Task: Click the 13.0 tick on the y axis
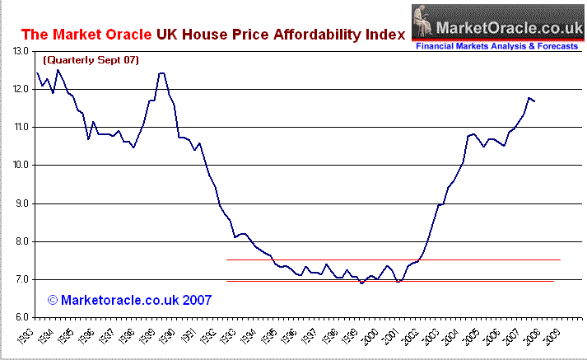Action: click(22, 51)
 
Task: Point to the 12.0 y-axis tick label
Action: click(22, 89)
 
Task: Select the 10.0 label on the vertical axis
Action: click(22, 166)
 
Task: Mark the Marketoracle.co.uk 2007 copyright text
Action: click(129, 300)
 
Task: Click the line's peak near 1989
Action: click(161, 73)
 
